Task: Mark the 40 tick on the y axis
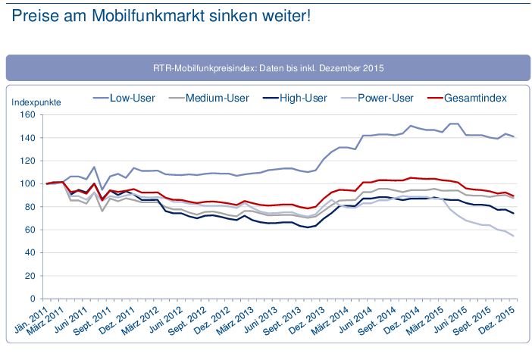point(30,252)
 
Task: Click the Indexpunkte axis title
point(36,101)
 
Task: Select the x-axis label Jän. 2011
point(32,318)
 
